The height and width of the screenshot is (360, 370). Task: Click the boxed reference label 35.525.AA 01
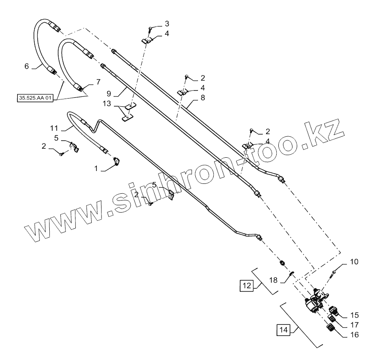pyautogui.click(x=36, y=98)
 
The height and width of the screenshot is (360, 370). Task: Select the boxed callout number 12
pyautogui.click(x=246, y=285)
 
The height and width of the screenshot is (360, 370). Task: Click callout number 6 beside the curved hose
pyautogui.click(x=27, y=66)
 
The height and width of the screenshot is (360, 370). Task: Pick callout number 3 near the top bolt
pyautogui.click(x=167, y=23)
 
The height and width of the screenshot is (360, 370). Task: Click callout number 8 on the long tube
pyautogui.click(x=203, y=98)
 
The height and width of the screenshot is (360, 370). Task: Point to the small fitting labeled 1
pyautogui.click(x=116, y=161)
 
